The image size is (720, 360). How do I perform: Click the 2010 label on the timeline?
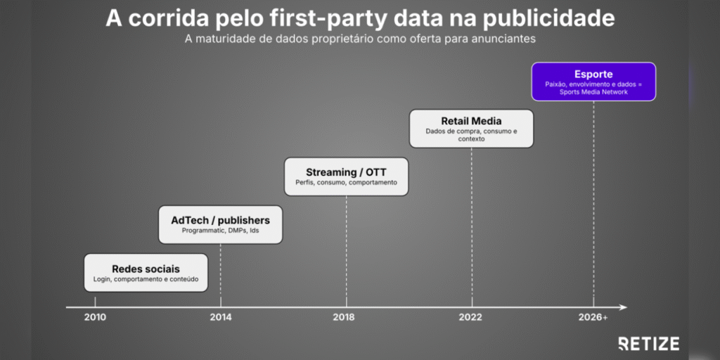[95, 317]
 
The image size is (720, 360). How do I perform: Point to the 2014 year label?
[221, 317]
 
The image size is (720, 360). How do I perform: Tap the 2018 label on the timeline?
[347, 317]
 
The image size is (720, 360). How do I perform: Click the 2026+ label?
[593, 317]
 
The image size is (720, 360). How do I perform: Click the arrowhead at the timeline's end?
[623, 307]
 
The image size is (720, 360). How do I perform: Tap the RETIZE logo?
[649, 343]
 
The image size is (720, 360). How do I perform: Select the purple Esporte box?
[593, 82]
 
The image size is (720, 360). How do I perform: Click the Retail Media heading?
[472, 122]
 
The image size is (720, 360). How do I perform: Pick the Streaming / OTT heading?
[346, 173]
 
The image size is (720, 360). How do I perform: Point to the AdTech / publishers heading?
[220, 220]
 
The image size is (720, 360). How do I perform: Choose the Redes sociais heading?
[146, 269]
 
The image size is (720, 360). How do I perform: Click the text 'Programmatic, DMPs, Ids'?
[220, 231]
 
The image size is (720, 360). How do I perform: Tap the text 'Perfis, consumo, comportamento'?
[346, 182]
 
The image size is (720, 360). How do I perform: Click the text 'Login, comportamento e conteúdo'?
[146, 278]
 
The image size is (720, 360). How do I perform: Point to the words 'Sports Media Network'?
[593, 92]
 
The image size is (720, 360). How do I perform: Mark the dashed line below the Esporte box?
[593, 204]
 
